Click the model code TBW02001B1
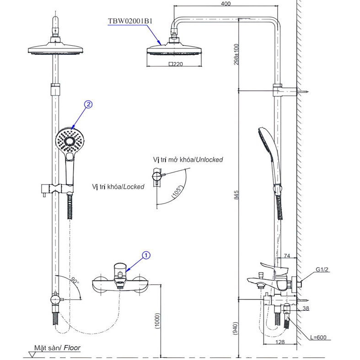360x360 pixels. (129, 21)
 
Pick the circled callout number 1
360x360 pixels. (146, 254)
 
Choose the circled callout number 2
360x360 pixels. (88, 104)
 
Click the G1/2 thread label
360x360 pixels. (322, 270)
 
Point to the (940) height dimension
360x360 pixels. (235, 328)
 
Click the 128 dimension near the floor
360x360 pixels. (280, 342)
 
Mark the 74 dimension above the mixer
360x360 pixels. (287, 256)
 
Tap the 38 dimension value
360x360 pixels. (306, 309)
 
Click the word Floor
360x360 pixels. (72, 348)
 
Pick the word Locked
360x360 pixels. (133, 187)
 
